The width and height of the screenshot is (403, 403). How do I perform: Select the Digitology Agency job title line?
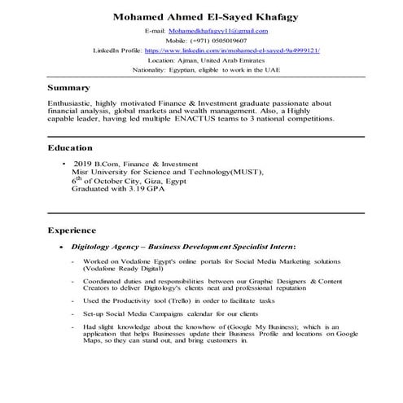click(x=183, y=245)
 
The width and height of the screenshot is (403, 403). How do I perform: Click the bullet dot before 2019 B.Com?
click(x=63, y=164)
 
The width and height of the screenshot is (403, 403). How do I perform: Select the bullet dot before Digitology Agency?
click(x=52, y=246)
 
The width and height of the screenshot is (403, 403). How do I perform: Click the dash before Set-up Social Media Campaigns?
click(x=74, y=313)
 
